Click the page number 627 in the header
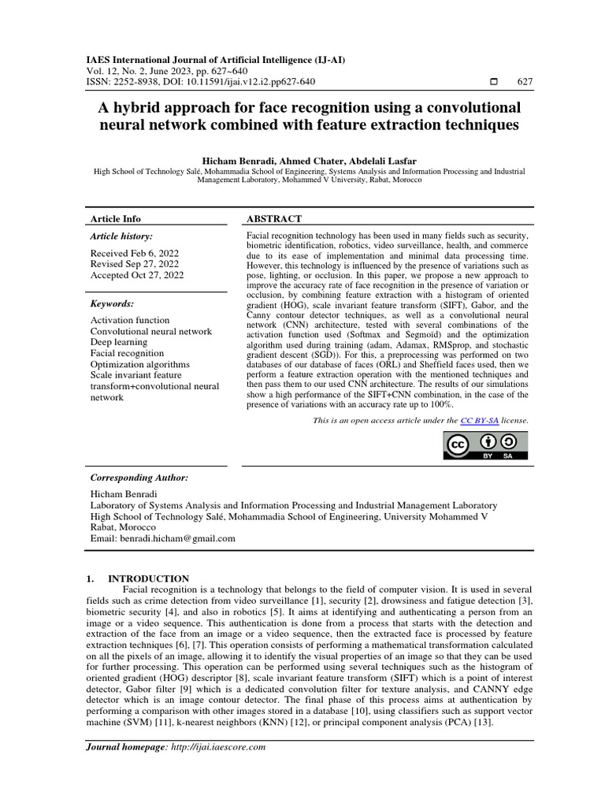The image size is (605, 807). [x=524, y=82]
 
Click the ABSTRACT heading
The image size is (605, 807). [x=275, y=219]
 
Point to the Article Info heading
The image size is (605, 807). [x=116, y=219]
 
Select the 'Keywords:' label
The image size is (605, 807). [x=112, y=303]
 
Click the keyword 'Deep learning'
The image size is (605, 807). [x=119, y=342]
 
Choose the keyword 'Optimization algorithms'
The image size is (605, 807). [x=140, y=364]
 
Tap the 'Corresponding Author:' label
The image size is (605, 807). [x=139, y=478]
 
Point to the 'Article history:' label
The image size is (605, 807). [x=121, y=236]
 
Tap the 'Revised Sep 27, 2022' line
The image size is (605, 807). [x=134, y=264]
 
